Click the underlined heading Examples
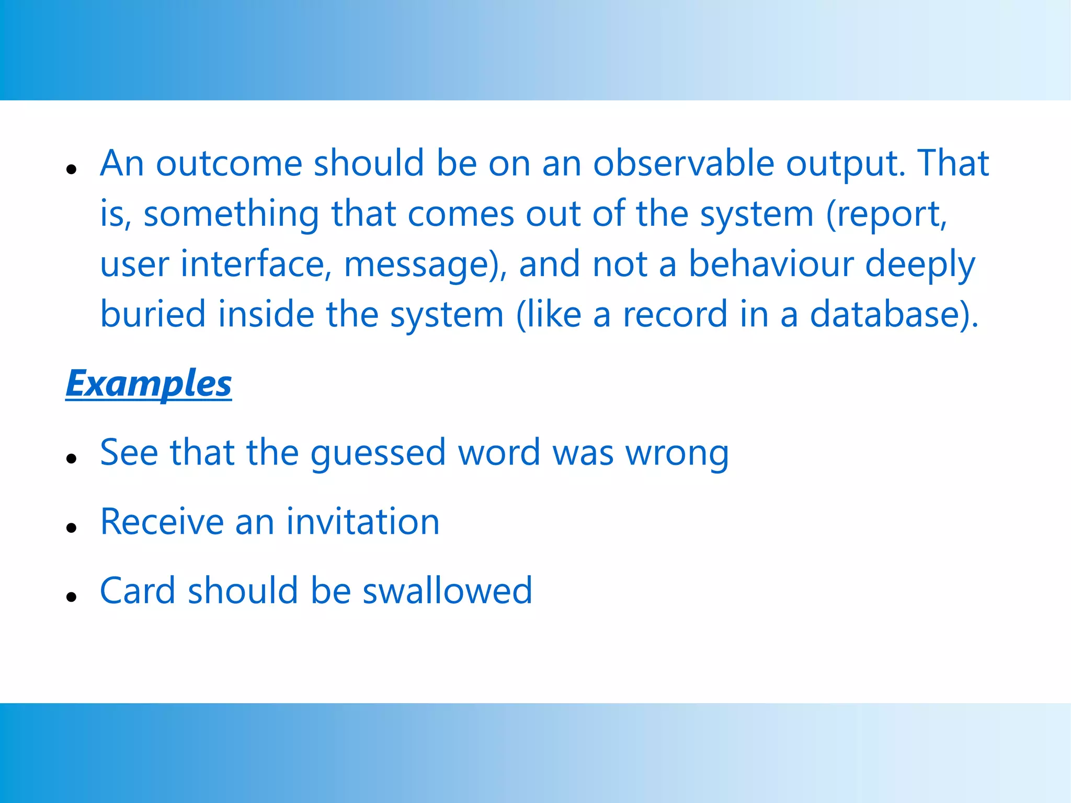(149, 384)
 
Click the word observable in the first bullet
(683, 163)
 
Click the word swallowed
(447, 591)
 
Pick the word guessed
(378, 453)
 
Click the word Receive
(162, 522)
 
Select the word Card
(138, 591)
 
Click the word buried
(153, 315)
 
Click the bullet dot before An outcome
(72, 169)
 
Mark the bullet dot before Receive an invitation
(72, 527)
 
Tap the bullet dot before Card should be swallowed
(72, 596)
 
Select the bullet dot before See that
(72, 458)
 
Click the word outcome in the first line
(229, 163)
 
